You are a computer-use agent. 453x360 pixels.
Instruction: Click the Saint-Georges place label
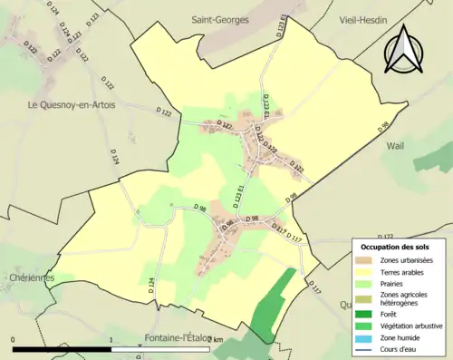click(x=218, y=19)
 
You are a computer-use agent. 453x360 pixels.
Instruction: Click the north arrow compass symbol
click(x=407, y=50)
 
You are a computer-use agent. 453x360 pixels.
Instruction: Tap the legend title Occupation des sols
click(x=399, y=247)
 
